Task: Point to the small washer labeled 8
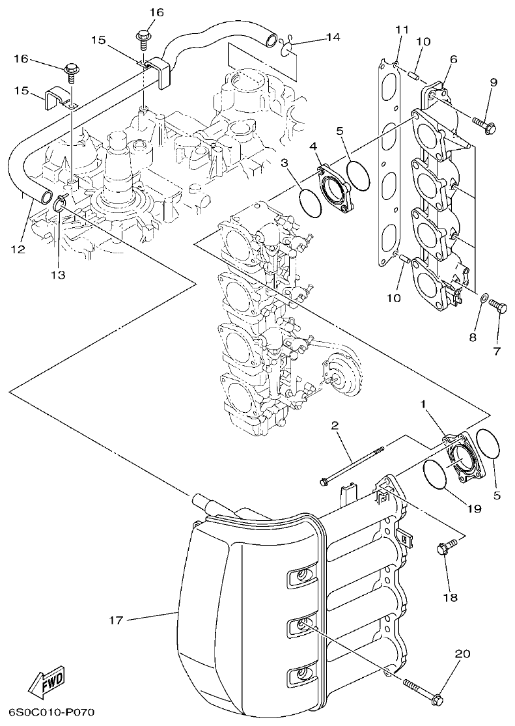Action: click(484, 299)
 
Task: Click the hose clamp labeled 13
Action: click(59, 204)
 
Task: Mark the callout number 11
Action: click(401, 29)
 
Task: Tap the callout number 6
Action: click(452, 59)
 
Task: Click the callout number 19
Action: click(473, 509)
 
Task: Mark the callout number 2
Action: click(334, 426)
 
